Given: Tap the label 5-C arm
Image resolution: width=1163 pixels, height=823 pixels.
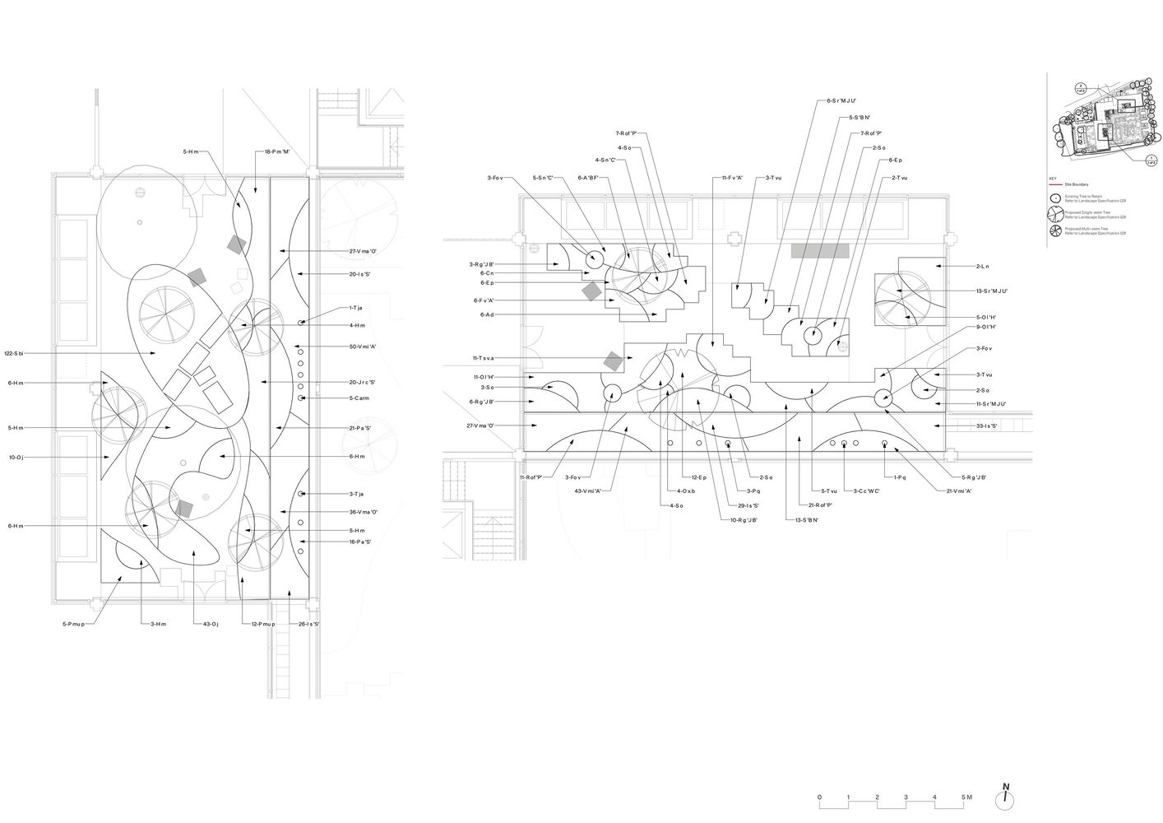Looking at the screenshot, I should tap(359, 398).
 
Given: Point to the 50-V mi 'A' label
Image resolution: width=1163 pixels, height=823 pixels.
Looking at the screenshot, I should tap(364, 346).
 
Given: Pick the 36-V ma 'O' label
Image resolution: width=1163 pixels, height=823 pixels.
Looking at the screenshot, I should tap(364, 512).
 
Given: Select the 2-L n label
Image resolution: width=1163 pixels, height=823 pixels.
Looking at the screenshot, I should tap(982, 267).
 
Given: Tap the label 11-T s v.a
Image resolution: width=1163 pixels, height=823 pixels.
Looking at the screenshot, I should tap(488, 358).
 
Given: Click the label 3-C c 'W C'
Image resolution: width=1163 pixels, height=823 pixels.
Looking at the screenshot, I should tap(867, 491).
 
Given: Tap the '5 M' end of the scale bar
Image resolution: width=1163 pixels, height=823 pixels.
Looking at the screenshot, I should tap(967, 797).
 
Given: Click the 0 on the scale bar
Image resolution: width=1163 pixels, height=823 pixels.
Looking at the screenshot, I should tap(819, 797).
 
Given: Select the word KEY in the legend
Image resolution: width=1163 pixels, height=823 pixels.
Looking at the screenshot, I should tap(1051, 179).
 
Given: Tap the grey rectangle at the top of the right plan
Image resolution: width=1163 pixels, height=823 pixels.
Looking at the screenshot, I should tap(820, 251).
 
